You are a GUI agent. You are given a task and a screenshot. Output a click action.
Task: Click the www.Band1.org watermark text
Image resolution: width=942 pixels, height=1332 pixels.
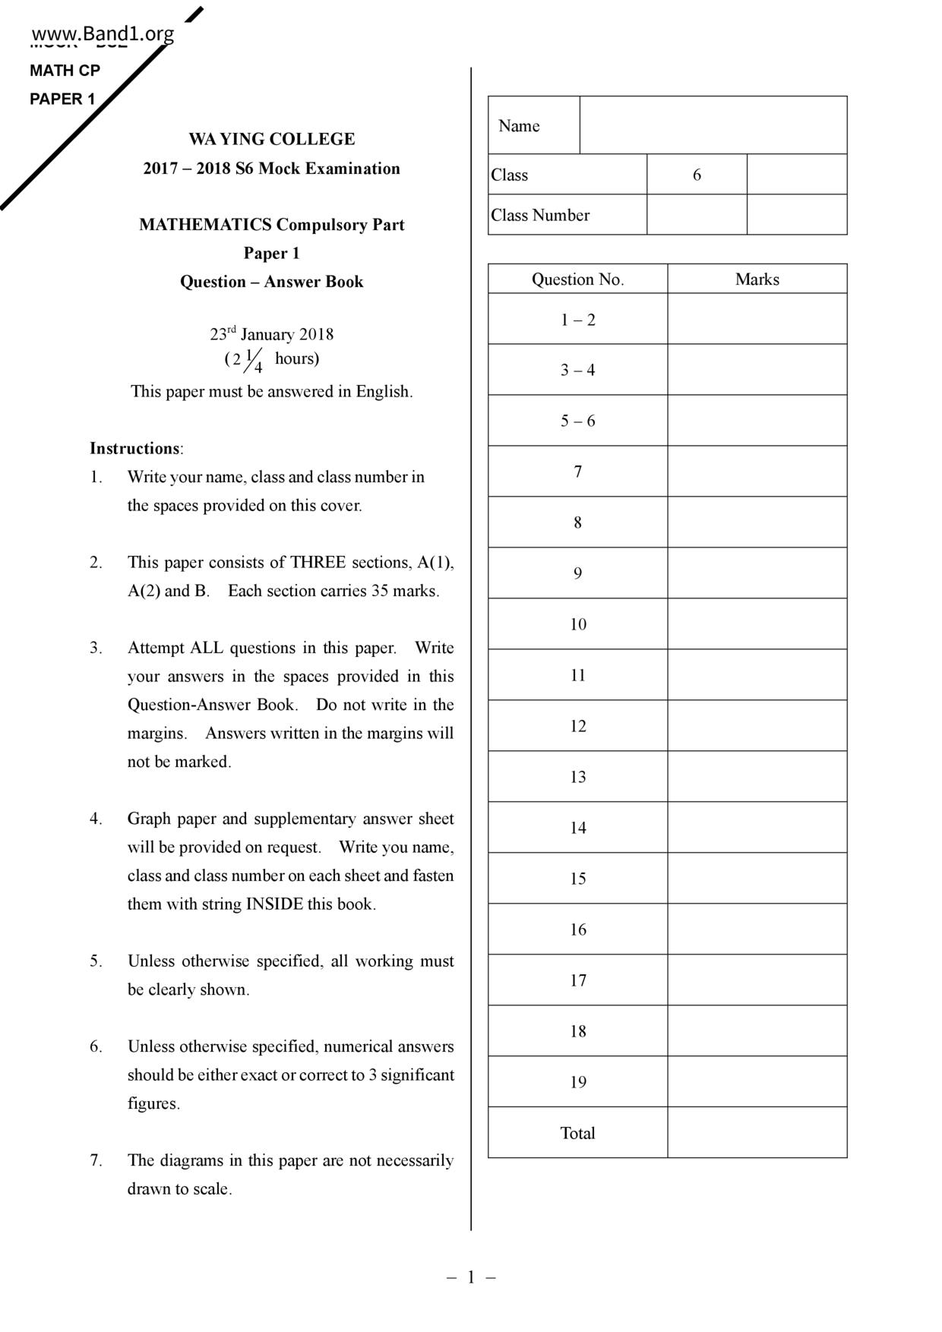coord(103,34)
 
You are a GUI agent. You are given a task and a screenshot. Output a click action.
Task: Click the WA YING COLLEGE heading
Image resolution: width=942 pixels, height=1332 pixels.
coord(272,139)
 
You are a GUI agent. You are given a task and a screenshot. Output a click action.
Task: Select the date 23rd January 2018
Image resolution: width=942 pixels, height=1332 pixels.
coord(272,334)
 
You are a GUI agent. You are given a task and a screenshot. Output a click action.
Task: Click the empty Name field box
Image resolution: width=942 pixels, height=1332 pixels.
coord(713,125)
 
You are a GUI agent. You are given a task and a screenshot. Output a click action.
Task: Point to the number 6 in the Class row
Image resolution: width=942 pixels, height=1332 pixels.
coord(697,175)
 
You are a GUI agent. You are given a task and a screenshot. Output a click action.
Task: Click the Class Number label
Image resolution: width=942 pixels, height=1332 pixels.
coord(540,216)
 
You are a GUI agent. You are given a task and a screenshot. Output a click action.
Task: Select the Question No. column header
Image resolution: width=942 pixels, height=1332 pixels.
coord(577,279)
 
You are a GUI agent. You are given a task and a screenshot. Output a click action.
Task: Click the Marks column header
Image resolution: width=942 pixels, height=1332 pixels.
coord(757,279)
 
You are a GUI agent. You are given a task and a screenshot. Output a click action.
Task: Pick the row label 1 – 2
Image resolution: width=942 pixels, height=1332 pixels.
coord(577,320)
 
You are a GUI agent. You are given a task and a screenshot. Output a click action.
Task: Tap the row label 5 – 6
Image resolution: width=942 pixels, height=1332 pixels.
coord(577,421)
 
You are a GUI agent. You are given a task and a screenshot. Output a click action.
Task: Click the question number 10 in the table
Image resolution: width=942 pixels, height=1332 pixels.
coord(578,624)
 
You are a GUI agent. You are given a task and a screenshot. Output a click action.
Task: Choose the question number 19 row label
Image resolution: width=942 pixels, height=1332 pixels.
coord(578,1082)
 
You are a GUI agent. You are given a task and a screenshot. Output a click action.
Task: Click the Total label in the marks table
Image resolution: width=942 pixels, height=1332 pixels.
coord(577,1133)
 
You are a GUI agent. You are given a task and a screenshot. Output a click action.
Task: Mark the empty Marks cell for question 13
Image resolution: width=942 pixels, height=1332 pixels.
coord(757,777)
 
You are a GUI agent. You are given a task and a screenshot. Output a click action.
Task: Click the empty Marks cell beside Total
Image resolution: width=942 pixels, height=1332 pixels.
coord(757,1133)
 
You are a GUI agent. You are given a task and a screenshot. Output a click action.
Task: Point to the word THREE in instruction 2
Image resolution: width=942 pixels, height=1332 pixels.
coord(318,563)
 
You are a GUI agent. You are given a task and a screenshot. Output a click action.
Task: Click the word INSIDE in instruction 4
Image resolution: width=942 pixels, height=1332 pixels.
coord(274,904)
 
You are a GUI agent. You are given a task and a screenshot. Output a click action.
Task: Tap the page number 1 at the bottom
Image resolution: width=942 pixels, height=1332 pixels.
coord(471,1277)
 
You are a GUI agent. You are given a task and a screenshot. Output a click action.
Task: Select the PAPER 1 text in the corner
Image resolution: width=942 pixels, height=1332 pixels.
coord(62,99)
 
